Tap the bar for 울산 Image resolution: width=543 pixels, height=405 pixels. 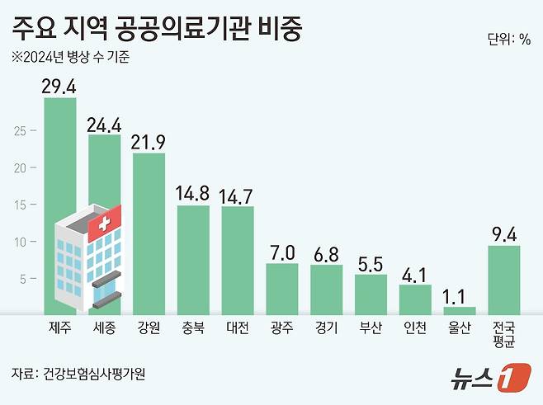[460, 310]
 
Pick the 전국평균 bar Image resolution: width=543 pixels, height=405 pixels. [503, 280]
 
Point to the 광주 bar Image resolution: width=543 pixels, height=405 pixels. [281, 289]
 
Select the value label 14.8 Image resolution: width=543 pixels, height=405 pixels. [193, 194]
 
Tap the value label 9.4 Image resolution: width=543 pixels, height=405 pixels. [503, 234]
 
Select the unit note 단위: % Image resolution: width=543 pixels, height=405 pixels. [509, 39]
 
